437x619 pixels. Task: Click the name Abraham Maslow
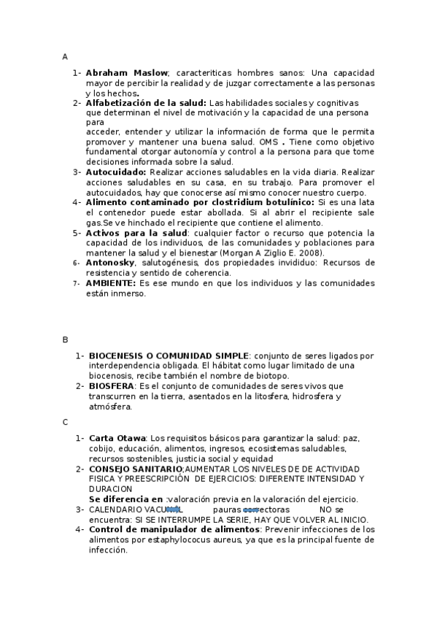[x=127, y=73]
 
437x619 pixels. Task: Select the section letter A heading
[x=65, y=56]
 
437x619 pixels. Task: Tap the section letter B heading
[x=65, y=339]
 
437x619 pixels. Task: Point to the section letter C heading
[x=65, y=422]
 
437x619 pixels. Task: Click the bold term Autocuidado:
[x=116, y=172]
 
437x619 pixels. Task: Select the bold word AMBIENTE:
[x=111, y=282]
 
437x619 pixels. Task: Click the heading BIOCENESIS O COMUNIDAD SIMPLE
[x=169, y=355]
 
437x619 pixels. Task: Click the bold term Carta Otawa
[x=117, y=438]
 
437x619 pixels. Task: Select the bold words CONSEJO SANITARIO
[x=136, y=468]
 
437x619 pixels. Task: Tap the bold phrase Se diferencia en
[x=125, y=499]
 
